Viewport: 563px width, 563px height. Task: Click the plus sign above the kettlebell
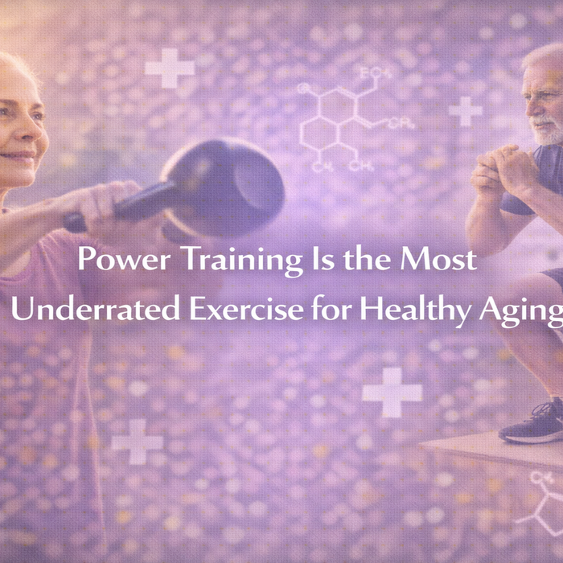point(170,68)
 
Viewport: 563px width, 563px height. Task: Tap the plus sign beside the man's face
point(465,111)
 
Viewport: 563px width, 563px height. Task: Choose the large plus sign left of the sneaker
point(392,392)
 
